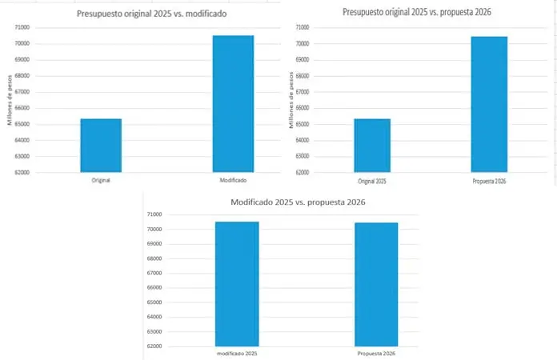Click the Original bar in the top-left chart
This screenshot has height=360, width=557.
pyautogui.click(x=101, y=145)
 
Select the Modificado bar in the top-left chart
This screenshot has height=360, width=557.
pyautogui.click(x=233, y=103)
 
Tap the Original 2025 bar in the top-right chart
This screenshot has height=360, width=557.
pyautogui.click(x=371, y=145)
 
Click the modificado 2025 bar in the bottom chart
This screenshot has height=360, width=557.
pyautogui.click(x=237, y=284)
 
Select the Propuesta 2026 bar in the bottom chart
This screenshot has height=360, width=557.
pyautogui.click(x=376, y=284)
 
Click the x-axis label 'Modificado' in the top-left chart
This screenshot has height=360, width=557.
pyautogui.click(x=233, y=181)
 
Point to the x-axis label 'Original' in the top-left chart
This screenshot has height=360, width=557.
pyautogui.click(x=101, y=181)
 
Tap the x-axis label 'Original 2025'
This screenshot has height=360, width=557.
pyautogui.click(x=371, y=182)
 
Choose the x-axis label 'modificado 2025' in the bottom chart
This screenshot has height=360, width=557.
pyautogui.click(x=237, y=353)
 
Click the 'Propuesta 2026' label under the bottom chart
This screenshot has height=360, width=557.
pyautogui.click(x=376, y=353)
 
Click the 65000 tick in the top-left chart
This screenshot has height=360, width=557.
pyautogui.click(x=22, y=124)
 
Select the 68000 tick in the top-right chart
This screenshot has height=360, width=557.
pyautogui.click(x=302, y=76)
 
